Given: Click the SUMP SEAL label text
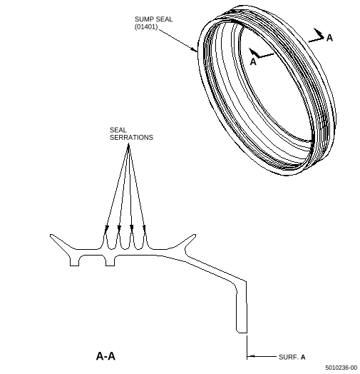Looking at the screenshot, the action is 153,19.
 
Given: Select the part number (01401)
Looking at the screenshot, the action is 146,26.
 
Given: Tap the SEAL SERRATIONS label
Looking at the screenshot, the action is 131,133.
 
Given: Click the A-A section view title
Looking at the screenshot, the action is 106,356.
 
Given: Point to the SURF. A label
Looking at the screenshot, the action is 292,357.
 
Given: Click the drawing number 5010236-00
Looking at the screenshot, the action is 341,368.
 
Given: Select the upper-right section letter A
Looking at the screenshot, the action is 329,38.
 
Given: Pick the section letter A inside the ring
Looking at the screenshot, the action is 253,62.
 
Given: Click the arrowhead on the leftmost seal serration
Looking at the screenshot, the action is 106,229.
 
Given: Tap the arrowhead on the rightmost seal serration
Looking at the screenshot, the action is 144,228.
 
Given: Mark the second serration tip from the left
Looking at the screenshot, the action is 118,233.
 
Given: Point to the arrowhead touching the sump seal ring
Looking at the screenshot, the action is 194,49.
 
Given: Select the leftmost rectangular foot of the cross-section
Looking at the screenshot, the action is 74,261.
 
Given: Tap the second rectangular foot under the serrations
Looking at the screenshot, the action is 110,261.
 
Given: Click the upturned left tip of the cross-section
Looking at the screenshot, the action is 51,236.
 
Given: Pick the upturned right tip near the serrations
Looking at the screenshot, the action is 195,236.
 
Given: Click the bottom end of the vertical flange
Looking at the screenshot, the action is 242,332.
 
